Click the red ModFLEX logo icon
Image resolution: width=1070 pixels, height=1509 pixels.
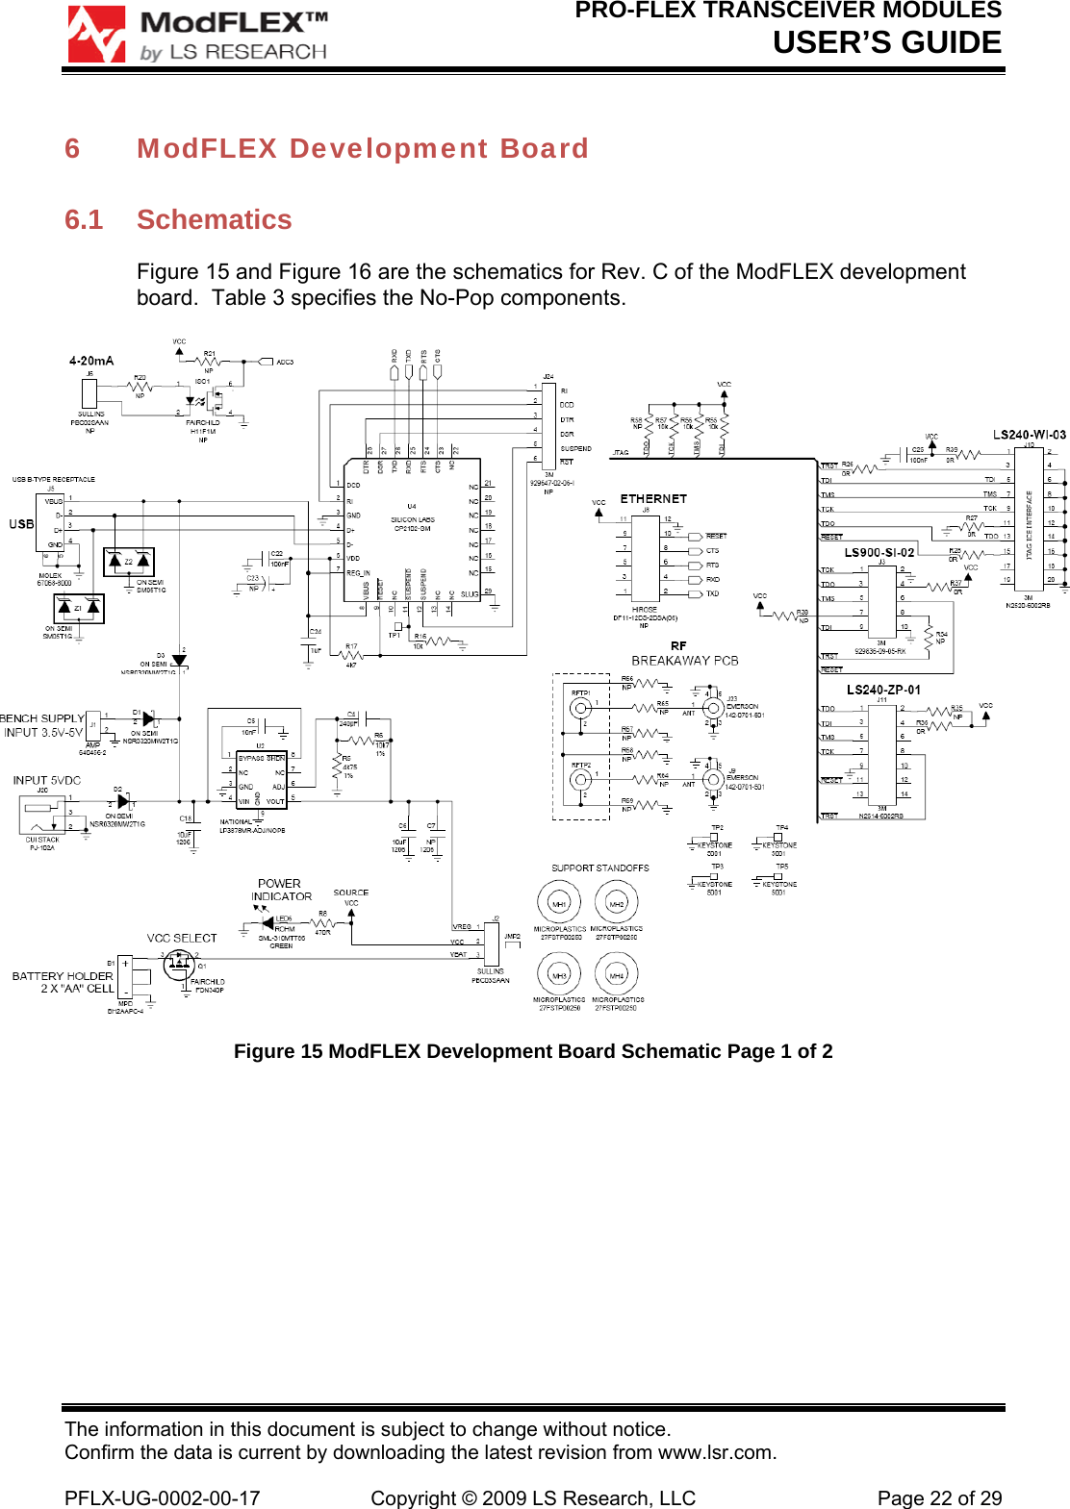(96, 35)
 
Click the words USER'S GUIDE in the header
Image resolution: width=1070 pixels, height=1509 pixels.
(886, 43)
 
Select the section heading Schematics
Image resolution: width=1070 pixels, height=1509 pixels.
(214, 220)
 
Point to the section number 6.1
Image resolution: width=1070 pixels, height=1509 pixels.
(84, 220)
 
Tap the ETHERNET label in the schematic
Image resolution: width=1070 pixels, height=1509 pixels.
(653, 499)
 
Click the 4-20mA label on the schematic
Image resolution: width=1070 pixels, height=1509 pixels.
(91, 361)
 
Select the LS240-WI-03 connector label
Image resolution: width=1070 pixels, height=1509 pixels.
(1029, 435)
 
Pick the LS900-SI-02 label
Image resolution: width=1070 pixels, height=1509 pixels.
(879, 552)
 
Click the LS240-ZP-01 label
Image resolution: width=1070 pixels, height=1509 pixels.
(883, 690)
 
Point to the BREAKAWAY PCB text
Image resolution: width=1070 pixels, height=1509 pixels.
(684, 661)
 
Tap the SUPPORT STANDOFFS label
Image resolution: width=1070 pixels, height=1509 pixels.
(599, 868)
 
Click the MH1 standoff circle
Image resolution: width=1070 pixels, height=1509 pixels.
(559, 904)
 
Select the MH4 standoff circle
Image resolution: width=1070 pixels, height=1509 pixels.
(617, 975)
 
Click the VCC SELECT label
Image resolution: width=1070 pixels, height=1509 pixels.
(182, 938)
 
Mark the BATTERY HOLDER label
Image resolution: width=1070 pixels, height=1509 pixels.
(63, 976)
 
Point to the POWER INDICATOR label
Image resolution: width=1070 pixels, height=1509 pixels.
(281, 890)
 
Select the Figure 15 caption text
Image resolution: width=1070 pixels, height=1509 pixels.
(533, 1051)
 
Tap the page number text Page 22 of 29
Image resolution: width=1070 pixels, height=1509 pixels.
(939, 1498)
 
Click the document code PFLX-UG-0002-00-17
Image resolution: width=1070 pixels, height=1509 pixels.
(162, 1498)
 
